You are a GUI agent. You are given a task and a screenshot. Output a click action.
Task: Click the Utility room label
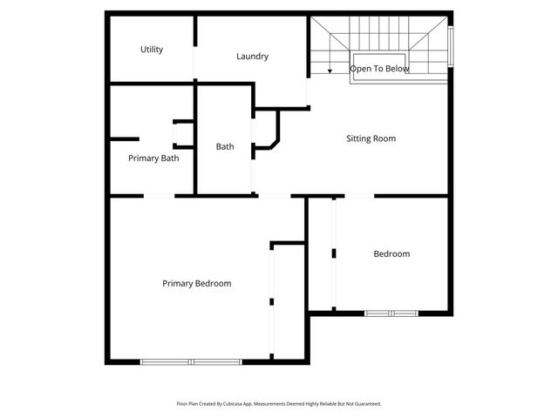tap(152, 50)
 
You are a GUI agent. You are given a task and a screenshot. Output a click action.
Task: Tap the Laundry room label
tap(252, 57)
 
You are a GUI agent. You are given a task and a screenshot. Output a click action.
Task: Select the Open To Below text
tap(379, 68)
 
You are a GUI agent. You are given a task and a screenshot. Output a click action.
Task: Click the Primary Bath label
tap(153, 158)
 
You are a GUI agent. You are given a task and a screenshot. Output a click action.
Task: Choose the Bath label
tap(225, 147)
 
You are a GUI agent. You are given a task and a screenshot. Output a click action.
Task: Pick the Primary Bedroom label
tap(197, 284)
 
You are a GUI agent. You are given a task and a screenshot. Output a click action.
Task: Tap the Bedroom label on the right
tap(391, 254)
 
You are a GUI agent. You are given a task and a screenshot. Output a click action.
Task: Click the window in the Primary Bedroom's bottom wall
tap(192, 361)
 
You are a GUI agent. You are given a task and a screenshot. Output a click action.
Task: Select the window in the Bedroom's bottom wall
tap(391, 313)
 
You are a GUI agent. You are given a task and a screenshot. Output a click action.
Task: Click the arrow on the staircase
tap(330, 70)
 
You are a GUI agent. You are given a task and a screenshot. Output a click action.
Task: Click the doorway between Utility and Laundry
tap(194, 50)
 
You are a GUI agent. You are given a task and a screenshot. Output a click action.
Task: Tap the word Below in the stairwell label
tap(397, 68)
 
